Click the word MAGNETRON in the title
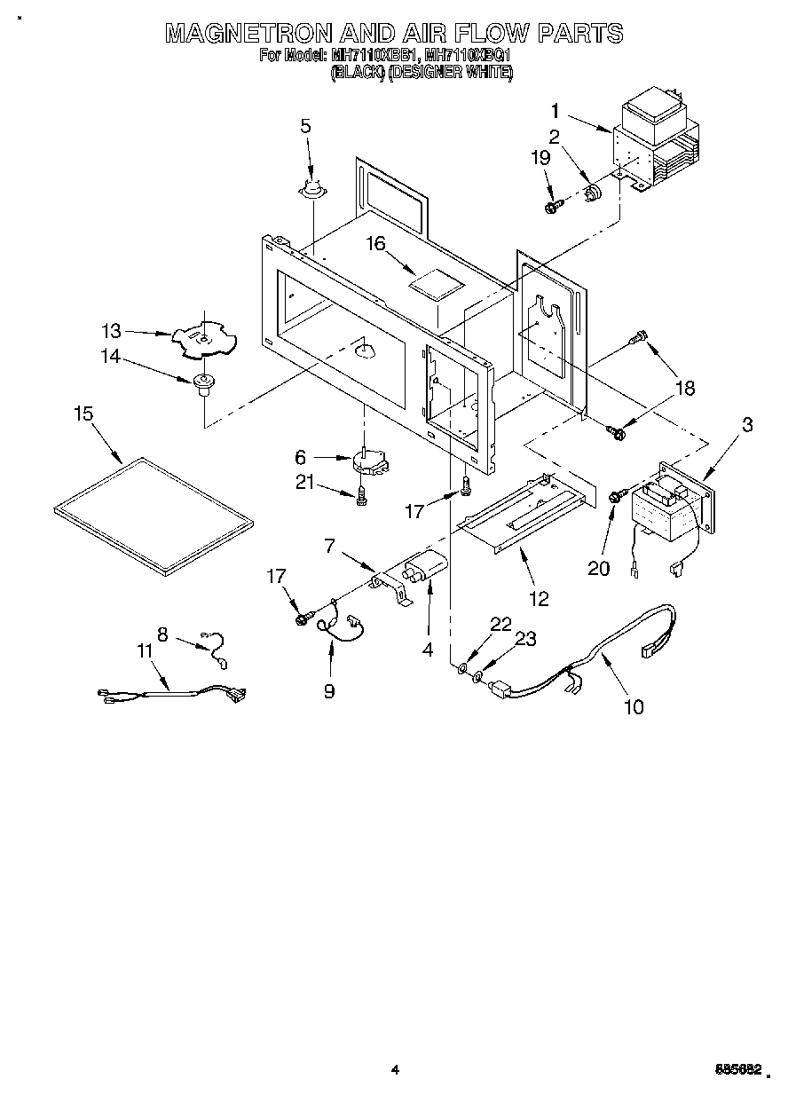(249, 34)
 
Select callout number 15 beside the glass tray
(83, 414)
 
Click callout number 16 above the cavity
(378, 243)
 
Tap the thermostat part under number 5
(311, 187)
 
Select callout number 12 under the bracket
(540, 599)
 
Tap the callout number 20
(599, 568)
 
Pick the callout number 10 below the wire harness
(633, 706)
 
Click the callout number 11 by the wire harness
(146, 650)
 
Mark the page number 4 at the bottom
(394, 1069)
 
